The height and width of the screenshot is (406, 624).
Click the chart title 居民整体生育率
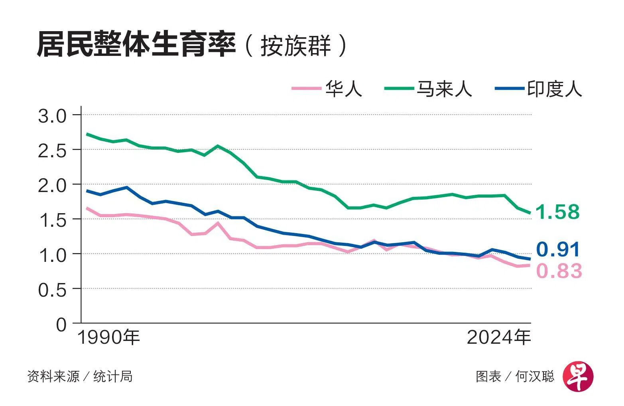[136, 45]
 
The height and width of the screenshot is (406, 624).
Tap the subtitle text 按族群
[295, 46]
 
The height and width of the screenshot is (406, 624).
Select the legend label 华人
[343, 88]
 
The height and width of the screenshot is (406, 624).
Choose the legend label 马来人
[444, 88]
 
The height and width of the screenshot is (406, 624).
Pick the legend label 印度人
[555, 88]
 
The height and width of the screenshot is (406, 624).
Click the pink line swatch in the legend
[306, 88]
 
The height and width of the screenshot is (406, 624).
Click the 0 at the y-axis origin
[61, 324]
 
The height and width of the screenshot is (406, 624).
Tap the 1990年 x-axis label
[108, 338]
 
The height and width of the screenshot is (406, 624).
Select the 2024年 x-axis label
[499, 338]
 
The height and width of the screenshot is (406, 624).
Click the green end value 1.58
[557, 212]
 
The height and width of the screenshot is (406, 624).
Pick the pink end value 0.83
[559, 271]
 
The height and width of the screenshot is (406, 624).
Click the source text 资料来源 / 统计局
[80, 376]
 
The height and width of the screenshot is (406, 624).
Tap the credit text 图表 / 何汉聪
[515, 376]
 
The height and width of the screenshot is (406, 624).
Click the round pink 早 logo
[578, 377]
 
